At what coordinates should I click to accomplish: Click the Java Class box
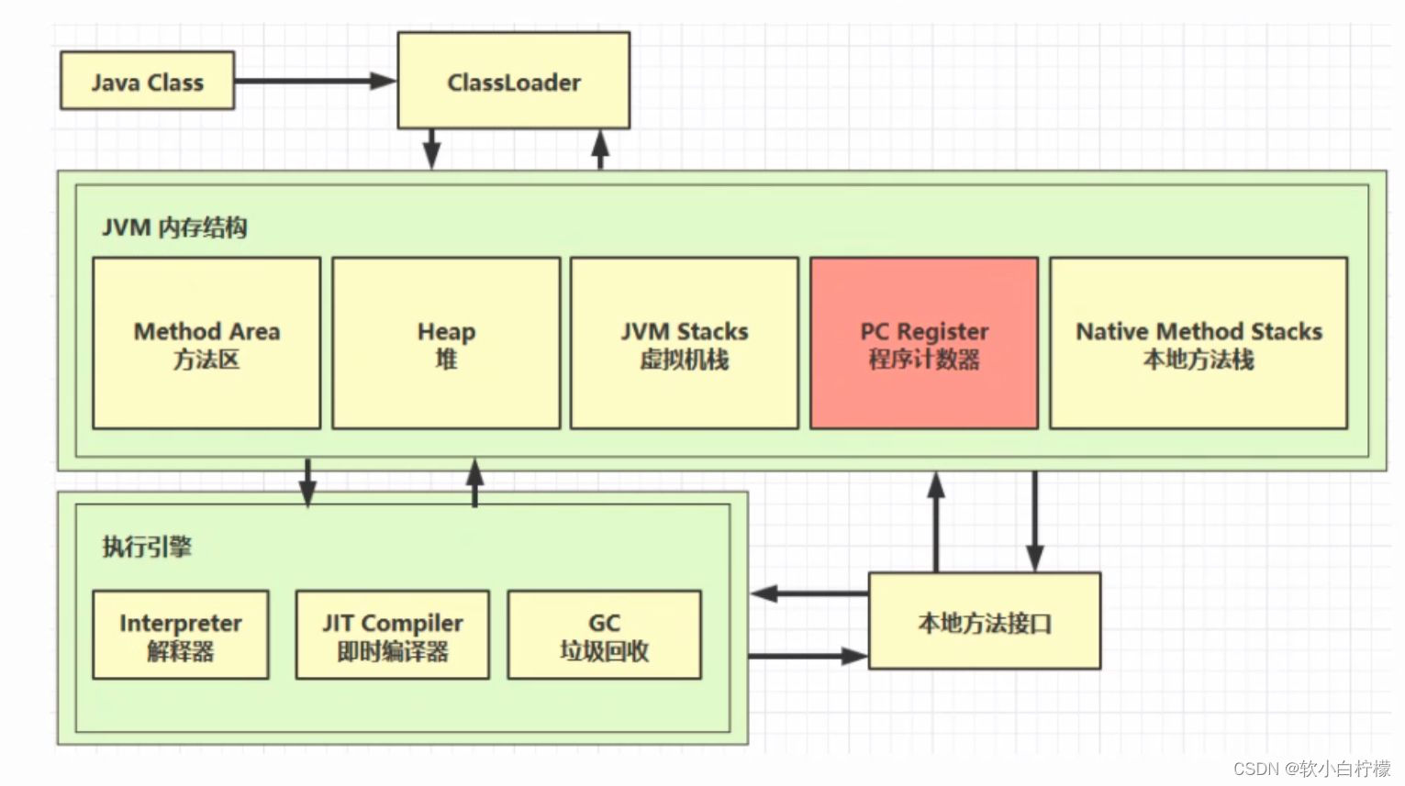pyautogui.click(x=147, y=81)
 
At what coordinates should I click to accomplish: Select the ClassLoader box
pyautogui.click(x=513, y=81)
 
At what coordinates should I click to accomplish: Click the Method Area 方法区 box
pyautogui.click(x=206, y=343)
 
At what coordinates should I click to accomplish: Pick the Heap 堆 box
pyautogui.click(x=446, y=343)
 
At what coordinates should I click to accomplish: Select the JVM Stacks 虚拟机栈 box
pyautogui.click(x=684, y=343)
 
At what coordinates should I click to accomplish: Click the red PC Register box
pyautogui.click(x=923, y=343)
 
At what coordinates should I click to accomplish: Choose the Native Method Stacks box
pyautogui.click(x=1198, y=343)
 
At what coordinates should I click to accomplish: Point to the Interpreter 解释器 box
pyautogui.click(x=181, y=635)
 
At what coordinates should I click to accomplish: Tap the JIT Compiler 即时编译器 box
pyautogui.click(x=392, y=635)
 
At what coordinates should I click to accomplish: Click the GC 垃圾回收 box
pyautogui.click(x=604, y=635)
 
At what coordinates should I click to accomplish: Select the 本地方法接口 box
pyautogui.click(x=984, y=622)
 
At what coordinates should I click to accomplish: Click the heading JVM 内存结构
pyautogui.click(x=174, y=227)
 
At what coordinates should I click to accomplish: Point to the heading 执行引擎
pyautogui.click(x=147, y=547)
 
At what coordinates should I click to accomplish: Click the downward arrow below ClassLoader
pyautogui.click(x=431, y=149)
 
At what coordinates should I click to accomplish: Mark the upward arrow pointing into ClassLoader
pyautogui.click(x=600, y=149)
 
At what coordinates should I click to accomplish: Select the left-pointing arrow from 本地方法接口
pyautogui.click(x=808, y=593)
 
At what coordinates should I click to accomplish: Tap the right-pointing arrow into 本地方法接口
pyautogui.click(x=808, y=656)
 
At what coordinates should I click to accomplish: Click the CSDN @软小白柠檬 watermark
pyautogui.click(x=1311, y=769)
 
